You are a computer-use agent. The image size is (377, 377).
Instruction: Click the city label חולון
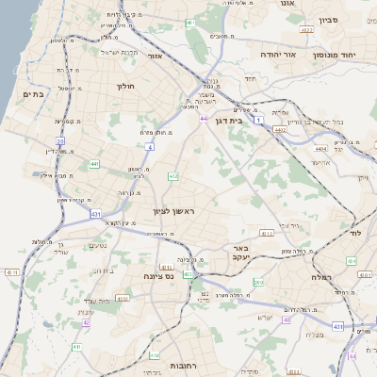(x=125, y=86)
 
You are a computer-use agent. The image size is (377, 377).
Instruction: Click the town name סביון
(x=329, y=19)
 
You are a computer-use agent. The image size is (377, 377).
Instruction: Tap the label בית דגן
(x=250, y=121)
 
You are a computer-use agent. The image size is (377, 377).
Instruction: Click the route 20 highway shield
(x=59, y=140)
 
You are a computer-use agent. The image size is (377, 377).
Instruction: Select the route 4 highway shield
(x=150, y=147)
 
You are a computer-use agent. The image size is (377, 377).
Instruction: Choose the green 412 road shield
(x=172, y=176)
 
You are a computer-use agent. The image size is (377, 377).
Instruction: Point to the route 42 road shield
(x=86, y=322)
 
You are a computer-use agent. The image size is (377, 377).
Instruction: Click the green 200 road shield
(x=257, y=282)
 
